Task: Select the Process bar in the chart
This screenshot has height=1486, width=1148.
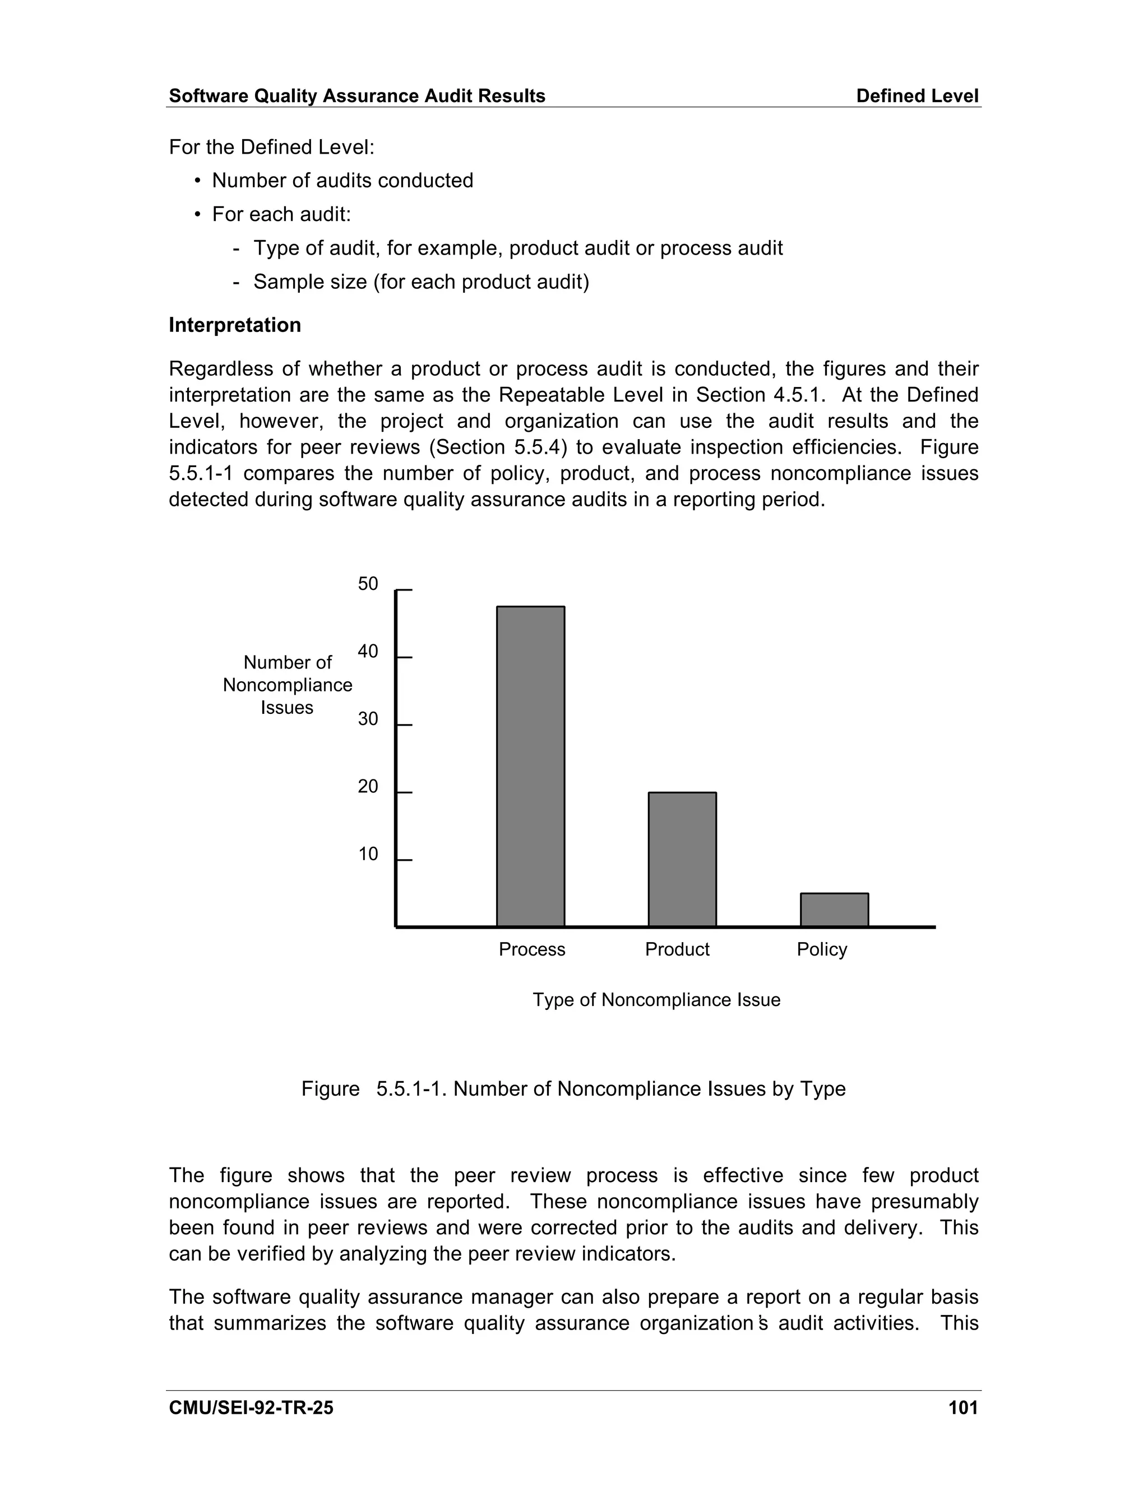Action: coord(530,765)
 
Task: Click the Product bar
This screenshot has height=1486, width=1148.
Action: coord(682,859)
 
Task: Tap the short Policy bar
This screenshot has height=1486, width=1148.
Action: coord(834,910)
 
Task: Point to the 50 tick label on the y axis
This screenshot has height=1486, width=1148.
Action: coord(368,584)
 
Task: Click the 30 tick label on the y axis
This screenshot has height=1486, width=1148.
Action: coord(368,719)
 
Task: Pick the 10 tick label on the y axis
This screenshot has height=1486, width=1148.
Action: coord(368,855)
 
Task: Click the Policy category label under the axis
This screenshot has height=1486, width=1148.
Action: coord(822,949)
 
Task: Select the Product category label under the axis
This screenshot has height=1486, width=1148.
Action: coord(677,949)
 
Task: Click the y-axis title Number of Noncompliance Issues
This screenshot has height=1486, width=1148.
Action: coord(288,685)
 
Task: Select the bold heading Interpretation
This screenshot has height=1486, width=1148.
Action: coord(235,325)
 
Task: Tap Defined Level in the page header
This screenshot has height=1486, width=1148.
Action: coord(916,96)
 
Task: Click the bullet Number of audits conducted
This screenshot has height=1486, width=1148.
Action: coord(342,181)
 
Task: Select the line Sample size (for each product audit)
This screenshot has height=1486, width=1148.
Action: coord(421,281)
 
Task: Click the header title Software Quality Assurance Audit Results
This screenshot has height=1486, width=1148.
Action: coord(357,96)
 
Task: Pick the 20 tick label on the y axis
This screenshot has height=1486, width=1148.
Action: coord(368,787)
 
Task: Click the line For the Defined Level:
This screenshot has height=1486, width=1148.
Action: coord(271,147)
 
